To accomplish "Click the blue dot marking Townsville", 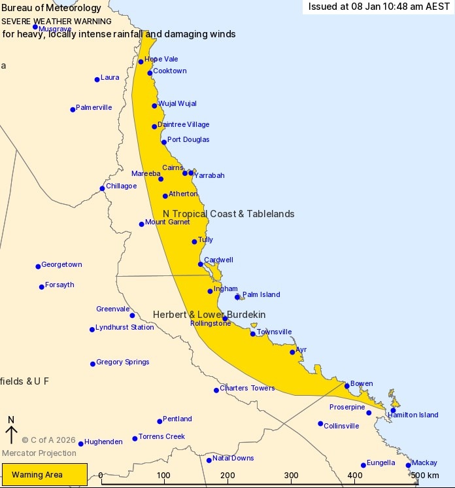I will [x=253, y=334].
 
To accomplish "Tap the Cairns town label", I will [x=173, y=168].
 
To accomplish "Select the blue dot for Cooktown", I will [x=150, y=73].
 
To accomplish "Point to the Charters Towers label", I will [x=247, y=389].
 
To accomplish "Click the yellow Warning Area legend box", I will [x=45, y=474].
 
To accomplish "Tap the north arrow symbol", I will [x=11, y=434].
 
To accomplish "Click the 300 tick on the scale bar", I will [x=292, y=476].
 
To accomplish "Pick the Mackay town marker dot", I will [x=409, y=466].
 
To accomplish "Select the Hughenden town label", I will [x=103, y=442].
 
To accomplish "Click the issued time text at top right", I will [x=379, y=7].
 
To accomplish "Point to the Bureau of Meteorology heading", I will [x=51, y=9].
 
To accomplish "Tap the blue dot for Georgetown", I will [x=38, y=266].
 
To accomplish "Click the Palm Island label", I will [x=261, y=295].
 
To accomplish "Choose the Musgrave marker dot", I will [x=35, y=27].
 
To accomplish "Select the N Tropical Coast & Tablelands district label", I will [x=228, y=214].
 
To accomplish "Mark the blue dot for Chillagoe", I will [x=102, y=188].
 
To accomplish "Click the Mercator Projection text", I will [x=39, y=453].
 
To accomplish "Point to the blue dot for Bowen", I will [x=347, y=386].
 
